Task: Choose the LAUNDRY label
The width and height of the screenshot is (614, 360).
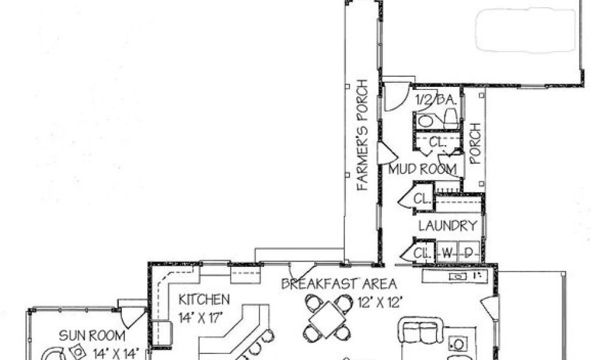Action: point(447,226)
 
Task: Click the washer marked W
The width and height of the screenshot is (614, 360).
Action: point(446,253)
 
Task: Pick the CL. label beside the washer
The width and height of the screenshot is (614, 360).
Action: point(423,253)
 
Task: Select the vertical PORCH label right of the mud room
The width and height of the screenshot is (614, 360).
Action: point(475,144)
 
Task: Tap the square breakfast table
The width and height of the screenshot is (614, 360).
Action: point(327,317)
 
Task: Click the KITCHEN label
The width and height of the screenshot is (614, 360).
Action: point(204,298)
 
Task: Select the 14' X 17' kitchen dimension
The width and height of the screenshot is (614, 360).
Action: point(202,317)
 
